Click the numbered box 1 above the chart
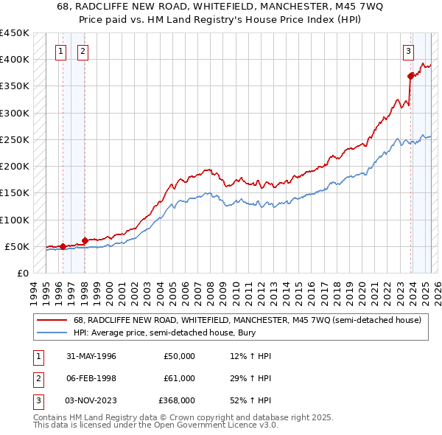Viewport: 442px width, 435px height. click(60, 51)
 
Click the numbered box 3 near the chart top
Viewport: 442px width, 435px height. click(407, 51)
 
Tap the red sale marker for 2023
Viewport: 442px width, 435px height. click(410, 75)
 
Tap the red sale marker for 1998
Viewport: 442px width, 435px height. click(85, 240)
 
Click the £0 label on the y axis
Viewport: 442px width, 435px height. click(22, 273)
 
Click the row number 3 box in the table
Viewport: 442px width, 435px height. click(38, 400)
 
